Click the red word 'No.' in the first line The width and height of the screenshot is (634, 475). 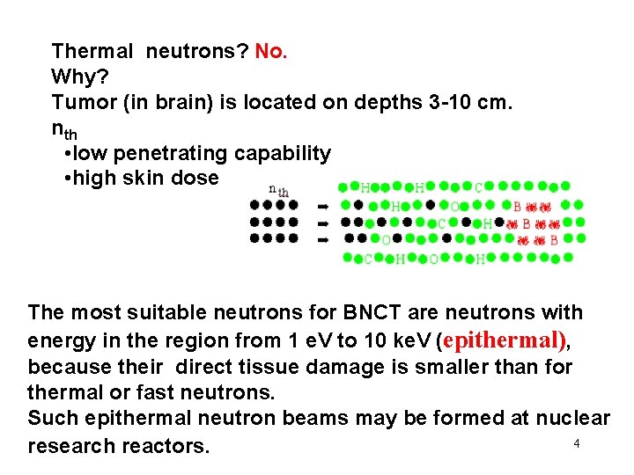point(271,52)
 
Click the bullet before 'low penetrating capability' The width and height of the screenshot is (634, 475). point(69,155)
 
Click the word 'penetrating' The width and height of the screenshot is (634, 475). point(167,154)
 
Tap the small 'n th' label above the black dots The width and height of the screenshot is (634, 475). point(278,191)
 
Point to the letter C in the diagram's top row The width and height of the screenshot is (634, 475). point(478,187)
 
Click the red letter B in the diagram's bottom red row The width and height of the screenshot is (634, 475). point(553,240)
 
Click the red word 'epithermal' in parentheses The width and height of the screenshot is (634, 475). point(505,340)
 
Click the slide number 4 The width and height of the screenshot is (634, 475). point(577,444)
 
